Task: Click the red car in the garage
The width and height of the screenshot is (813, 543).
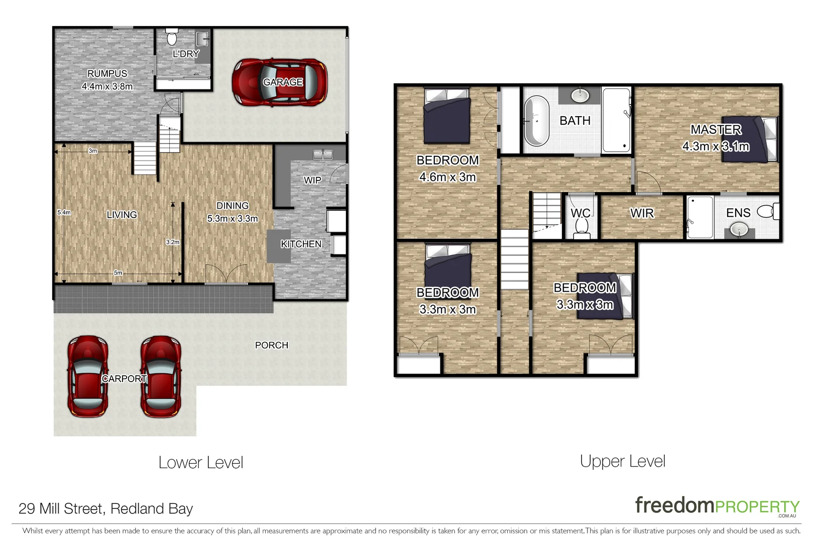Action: tap(279, 82)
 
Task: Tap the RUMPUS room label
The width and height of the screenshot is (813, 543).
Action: tap(107, 73)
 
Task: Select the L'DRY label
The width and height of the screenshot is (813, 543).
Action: tap(186, 54)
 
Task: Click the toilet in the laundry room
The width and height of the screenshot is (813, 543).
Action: tap(172, 38)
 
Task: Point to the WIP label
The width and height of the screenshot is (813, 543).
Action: tap(312, 180)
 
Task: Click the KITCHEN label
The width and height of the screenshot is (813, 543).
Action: tap(301, 244)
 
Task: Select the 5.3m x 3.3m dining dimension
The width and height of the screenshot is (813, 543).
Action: tap(233, 219)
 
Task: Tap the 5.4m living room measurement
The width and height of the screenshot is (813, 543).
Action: tap(64, 212)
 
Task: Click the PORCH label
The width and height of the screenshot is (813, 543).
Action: tap(272, 345)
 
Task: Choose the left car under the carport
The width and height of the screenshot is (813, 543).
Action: tap(88, 376)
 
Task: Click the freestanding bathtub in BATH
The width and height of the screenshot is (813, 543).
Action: tap(536, 120)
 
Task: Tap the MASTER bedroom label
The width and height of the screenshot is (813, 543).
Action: tap(716, 130)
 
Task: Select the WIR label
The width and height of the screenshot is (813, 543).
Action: tap(642, 213)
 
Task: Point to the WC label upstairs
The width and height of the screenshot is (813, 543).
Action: tap(580, 213)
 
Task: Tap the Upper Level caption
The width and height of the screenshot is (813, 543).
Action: tap(622, 461)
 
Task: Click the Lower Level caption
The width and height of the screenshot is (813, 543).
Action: tap(201, 463)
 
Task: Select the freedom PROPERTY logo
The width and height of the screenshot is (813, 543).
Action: tap(717, 506)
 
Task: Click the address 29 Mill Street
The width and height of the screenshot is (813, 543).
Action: tap(105, 508)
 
